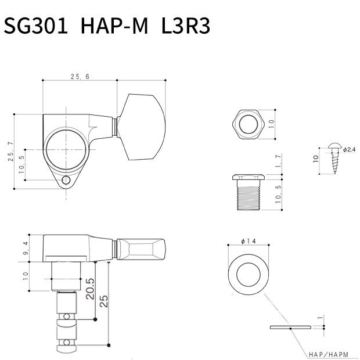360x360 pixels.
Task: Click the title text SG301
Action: (x=36, y=27)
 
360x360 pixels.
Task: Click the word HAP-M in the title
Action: (x=114, y=27)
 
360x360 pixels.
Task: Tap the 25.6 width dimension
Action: (x=80, y=76)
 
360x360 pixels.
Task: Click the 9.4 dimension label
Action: (x=25, y=247)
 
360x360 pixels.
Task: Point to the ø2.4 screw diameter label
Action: (x=349, y=149)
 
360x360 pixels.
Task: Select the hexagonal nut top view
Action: (x=248, y=123)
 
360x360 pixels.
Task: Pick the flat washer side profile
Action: (x=290, y=327)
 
